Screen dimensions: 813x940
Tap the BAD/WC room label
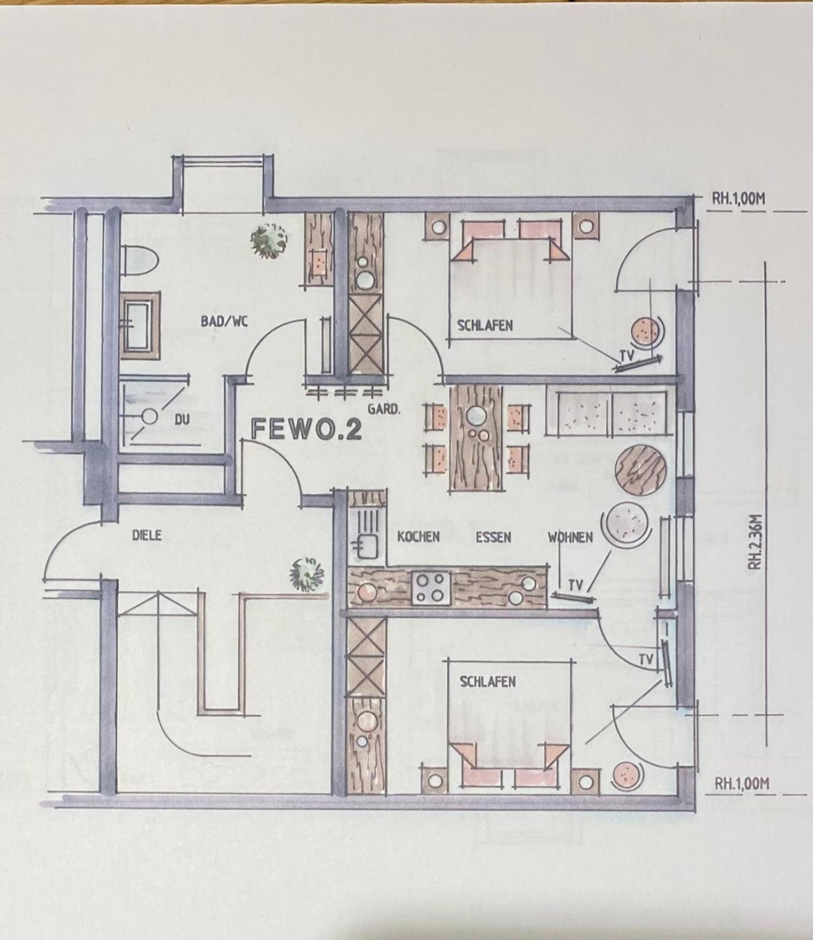[224, 320]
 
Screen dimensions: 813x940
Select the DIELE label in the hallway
[146, 535]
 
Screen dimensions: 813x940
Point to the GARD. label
[384, 409]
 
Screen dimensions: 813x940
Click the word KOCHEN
[418, 537]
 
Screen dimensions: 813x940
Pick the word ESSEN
[494, 537]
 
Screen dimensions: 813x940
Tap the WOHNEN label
[570, 537]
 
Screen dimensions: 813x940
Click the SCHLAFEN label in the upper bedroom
[485, 325]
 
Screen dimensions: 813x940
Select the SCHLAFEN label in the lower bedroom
[488, 681]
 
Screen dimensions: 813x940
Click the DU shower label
[182, 419]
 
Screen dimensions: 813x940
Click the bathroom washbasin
[139, 325]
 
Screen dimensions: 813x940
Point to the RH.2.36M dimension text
[755, 541]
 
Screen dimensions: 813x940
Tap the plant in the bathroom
[269, 241]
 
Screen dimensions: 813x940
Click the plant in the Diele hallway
[308, 574]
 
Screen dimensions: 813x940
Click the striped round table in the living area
[640, 469]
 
